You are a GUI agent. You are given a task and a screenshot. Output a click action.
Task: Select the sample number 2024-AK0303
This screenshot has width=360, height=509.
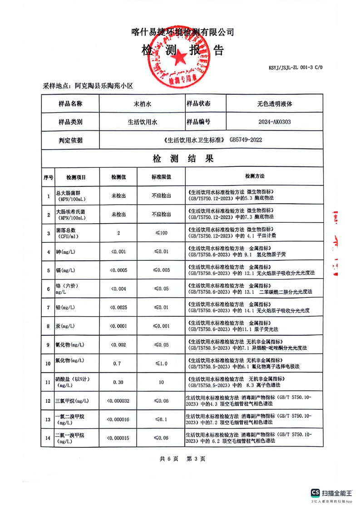point(275,122)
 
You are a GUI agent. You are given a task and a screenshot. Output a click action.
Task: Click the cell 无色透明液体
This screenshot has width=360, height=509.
point(275,103)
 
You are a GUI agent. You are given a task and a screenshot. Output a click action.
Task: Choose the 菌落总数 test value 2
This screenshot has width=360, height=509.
point(118,233)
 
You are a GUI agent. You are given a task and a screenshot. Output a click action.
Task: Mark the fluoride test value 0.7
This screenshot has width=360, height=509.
point(118,363)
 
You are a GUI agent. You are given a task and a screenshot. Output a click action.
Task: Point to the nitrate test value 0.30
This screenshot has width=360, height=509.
point(118,382)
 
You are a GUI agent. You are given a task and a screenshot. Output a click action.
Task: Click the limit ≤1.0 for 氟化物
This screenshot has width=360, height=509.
point(161,363)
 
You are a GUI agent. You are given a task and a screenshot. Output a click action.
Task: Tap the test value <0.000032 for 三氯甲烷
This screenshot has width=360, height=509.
point(118,401)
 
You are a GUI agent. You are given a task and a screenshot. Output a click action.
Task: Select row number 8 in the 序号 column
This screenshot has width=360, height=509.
point(48,326)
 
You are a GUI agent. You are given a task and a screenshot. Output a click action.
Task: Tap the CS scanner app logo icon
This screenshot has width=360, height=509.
point(315,493)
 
